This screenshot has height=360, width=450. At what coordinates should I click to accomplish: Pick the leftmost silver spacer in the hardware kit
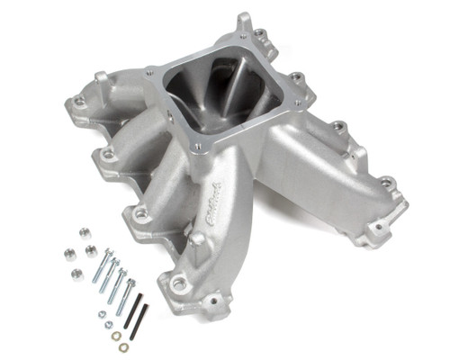pos(69,253)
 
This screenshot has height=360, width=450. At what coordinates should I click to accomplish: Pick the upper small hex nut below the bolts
pos(101,315)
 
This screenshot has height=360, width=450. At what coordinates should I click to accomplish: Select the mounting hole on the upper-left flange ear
pos(79,102)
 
